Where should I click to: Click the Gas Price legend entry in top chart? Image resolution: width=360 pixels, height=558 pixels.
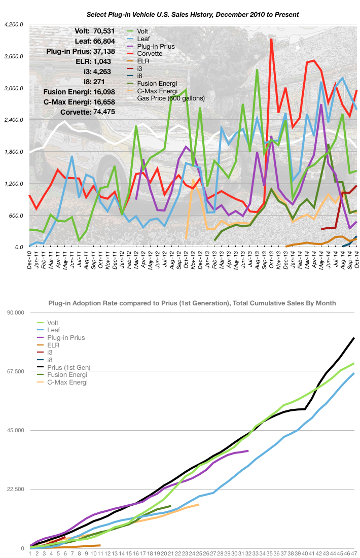pos(171,98)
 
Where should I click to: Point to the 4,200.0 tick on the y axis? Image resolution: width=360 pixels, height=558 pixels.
pos(14,24)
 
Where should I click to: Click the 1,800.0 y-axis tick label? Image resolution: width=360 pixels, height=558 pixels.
pos(14,152)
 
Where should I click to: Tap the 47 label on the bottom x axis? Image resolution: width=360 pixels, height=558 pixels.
pos(354,554)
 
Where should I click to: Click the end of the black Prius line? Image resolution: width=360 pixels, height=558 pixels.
pos(354,338)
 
